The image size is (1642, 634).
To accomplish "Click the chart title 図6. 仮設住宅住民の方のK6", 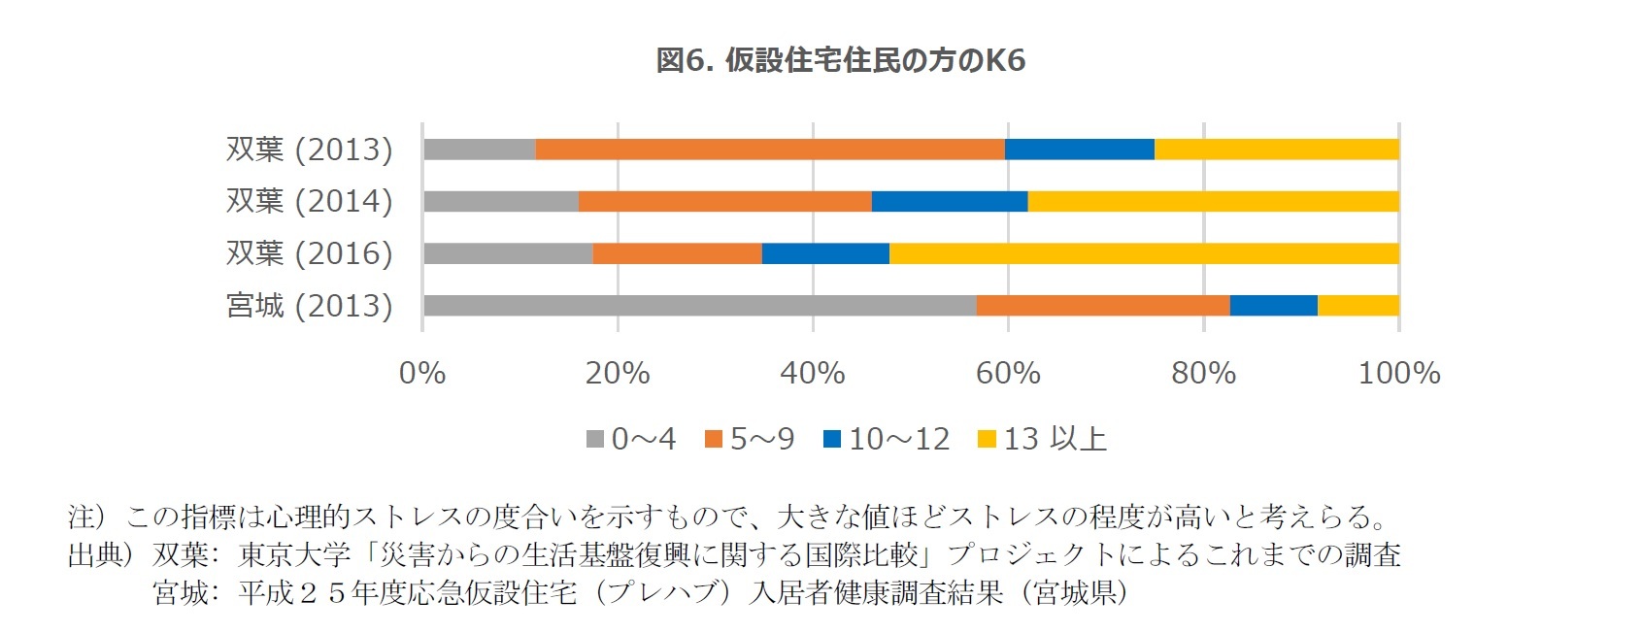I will (x=840, y=60).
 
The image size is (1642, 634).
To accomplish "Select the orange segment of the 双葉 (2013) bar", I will (x=770, y=150).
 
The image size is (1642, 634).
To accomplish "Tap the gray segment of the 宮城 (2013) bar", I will (x=699, y=306).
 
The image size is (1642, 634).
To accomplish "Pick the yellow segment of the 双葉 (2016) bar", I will (x=1144, y=253).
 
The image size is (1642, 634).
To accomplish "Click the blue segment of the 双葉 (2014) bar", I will (x=950, y=202).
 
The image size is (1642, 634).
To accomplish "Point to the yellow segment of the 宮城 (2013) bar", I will (x=1357, y=306).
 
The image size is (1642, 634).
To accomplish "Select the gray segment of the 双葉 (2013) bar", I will (x=480, y=150).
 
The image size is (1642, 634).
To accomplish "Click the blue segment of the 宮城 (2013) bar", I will (x=1273, y=306).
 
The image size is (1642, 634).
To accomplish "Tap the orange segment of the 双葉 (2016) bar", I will (x=677, y=253).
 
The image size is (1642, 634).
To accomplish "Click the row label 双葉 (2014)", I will (x=309, y=201).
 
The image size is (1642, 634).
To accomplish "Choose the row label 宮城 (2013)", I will (x=309, y=306).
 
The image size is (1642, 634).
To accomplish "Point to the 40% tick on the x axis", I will (x=813, y=373).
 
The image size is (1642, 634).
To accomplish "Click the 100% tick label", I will (x=1398, y=373).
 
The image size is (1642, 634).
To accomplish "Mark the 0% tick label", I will (x=422, y=373).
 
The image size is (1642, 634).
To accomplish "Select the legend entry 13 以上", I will (x=1054, y=439).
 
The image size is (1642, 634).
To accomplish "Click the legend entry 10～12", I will (x=898, y=439).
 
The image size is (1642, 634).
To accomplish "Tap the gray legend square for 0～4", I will (x=595, y=440).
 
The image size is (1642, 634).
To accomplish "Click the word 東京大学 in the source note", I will (x=293, y=554).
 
